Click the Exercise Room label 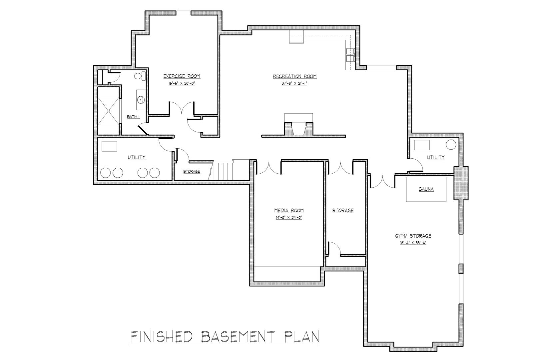182,76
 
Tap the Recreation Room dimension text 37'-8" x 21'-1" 294,83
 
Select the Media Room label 289,211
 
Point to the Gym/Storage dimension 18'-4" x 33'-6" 413,243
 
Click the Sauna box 426,189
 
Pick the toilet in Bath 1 140,76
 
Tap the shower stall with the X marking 109,111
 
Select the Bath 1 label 134,117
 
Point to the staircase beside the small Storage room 224,170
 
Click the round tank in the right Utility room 451,145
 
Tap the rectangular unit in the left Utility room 110,146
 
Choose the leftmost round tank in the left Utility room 105,173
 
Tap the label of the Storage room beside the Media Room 343,210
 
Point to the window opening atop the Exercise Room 184,13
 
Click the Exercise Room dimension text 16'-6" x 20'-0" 182,83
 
